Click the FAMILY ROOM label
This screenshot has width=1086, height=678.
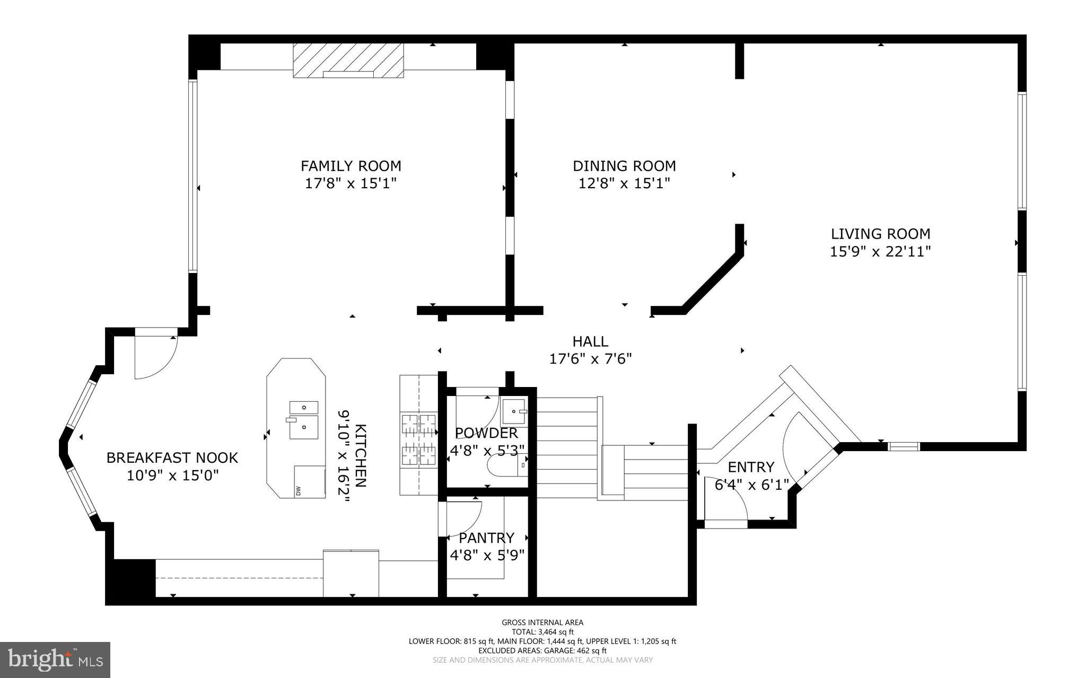[351, 166]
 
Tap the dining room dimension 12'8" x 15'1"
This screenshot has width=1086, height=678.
[624, 183]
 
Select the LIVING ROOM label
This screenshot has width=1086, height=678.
[880, 234]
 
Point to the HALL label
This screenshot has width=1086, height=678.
[590, 341]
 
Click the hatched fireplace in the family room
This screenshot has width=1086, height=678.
[348, 59]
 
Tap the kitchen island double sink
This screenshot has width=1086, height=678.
[303, 420]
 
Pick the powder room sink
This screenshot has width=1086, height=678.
[514, 410]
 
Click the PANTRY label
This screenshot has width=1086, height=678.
[486, 538]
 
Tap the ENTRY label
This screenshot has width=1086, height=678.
[750, 467]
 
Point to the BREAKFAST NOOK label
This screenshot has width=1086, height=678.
[172, 457]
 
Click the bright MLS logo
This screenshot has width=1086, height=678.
[55, 660]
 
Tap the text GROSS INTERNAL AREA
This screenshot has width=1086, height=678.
[542, 622]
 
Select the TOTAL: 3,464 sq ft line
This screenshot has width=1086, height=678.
[542, 632]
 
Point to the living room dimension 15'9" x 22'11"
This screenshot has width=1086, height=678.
[880, 251]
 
